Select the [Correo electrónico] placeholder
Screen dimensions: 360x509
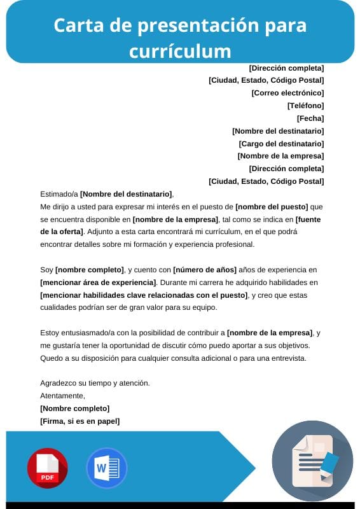tap(287, 93)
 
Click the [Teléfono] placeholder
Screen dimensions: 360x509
tap(305, 106)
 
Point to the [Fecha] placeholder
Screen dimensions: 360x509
tap(310, 118)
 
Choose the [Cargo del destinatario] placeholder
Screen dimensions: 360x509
tap(281, 144)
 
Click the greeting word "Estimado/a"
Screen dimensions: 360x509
tap(59, 194)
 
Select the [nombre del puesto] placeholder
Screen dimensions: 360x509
tap(272, 207)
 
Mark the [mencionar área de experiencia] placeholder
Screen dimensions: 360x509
tap(98, 282)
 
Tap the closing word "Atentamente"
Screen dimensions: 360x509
tap(62, 396)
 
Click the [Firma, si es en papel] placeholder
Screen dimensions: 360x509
tap(80, 421)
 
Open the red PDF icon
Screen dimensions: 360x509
tap(47, 468)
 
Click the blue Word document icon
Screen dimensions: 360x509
tap(106, 468)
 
